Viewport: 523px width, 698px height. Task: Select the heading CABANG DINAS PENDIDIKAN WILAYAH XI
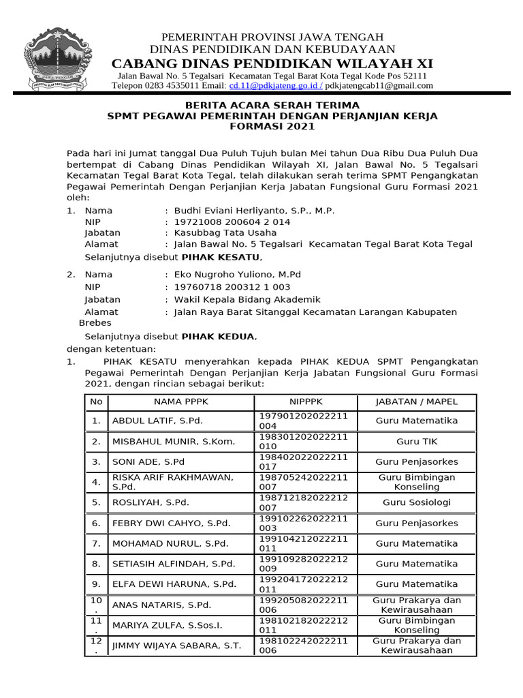(x=272, y=63)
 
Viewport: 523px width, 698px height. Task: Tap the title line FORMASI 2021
(x=272, y=127)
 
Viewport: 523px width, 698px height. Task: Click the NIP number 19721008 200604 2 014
(x=232, y=222)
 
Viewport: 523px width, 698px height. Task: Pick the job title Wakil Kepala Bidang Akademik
(x=247, y=299)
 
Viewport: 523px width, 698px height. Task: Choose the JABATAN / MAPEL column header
(x=417, y=402)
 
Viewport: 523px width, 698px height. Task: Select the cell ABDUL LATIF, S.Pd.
(x=157, y=421)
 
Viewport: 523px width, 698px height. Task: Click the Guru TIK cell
(x=417, y=441)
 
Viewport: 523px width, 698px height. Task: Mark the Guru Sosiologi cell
(x=417, y=502)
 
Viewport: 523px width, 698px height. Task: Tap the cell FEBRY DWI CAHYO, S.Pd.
(x=171, y=523)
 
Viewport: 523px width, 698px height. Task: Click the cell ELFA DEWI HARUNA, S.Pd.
(x=174, y=584)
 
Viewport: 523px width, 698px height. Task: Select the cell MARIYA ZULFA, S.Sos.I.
(x=168, y=625)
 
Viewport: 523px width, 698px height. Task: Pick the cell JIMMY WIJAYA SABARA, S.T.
(x=176, y=646)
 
